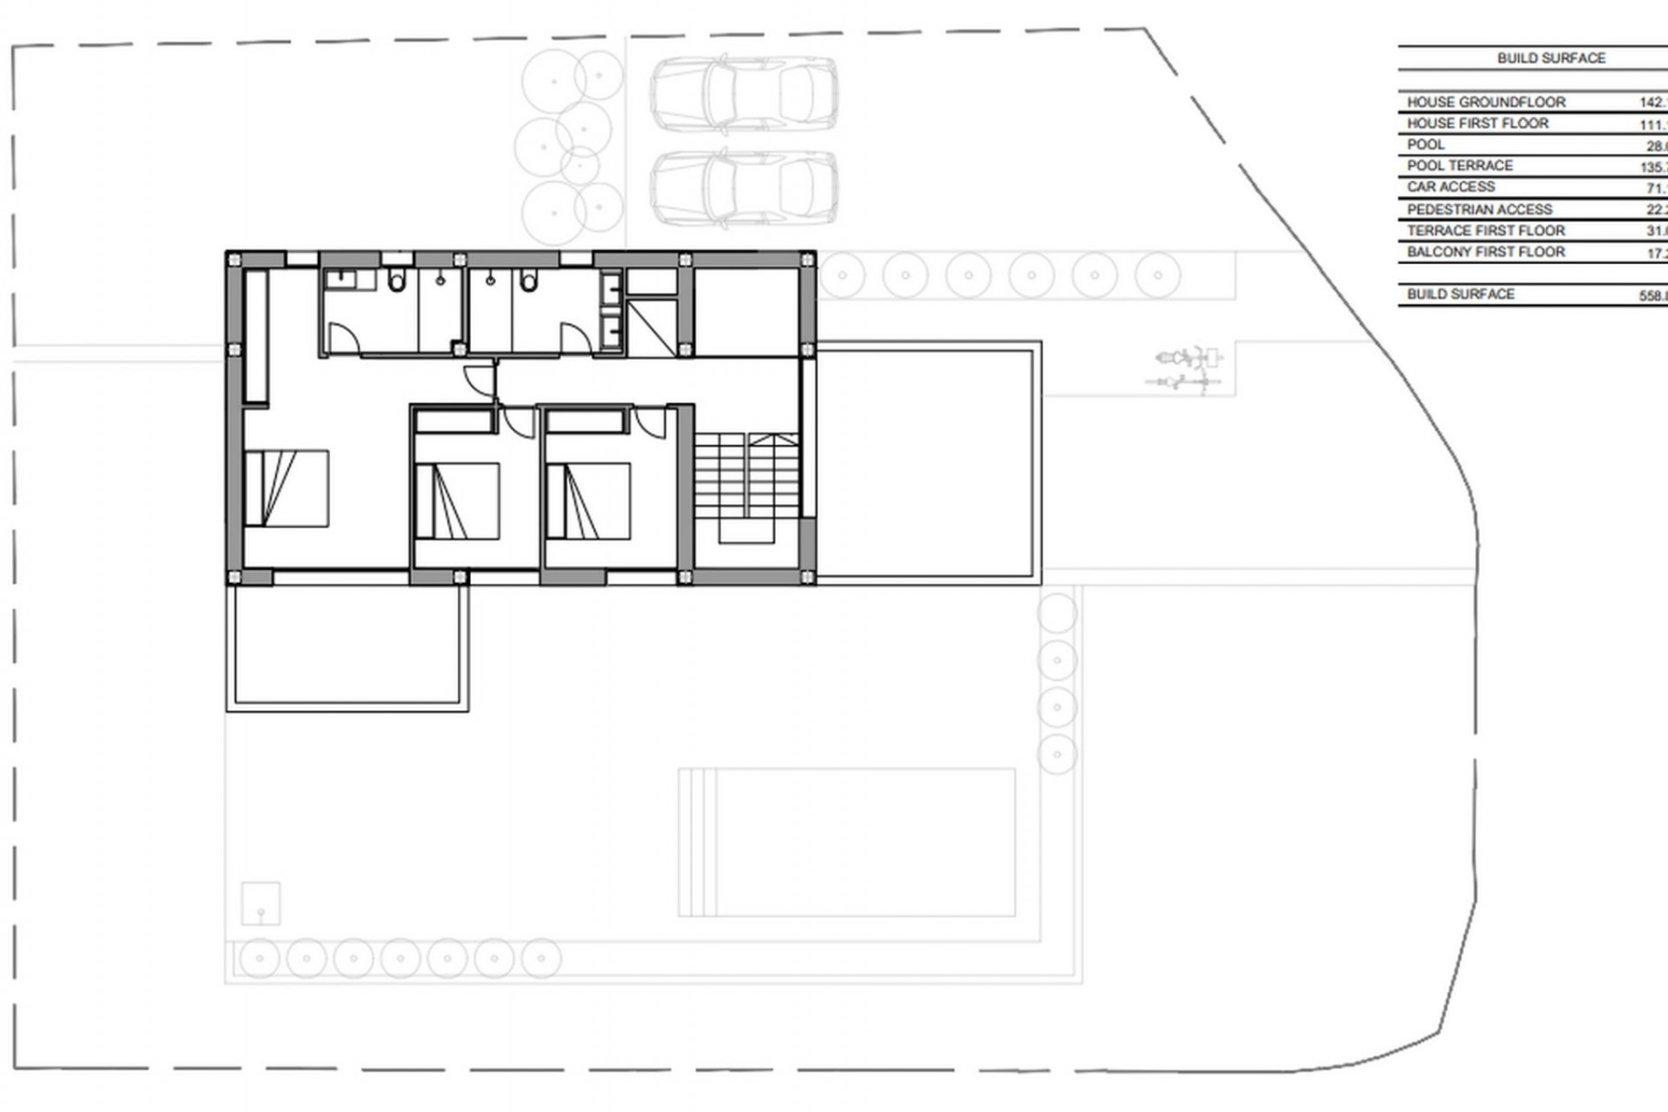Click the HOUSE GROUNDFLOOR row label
(x=1486, y=102)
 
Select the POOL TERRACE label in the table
(x=1459, y=165)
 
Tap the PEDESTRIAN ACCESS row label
(x=1479, y=209)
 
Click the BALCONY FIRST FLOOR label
(x=1486, y=252)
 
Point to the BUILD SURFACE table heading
(x=1551, y=58)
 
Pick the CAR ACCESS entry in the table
(x=1451, y=187)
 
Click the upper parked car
(x=745, y=93)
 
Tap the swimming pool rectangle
(x=847, y=841)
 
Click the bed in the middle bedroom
(x=457, y=501)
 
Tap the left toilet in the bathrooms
(x=397, y=281)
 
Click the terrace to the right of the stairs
(x=928, y=460)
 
